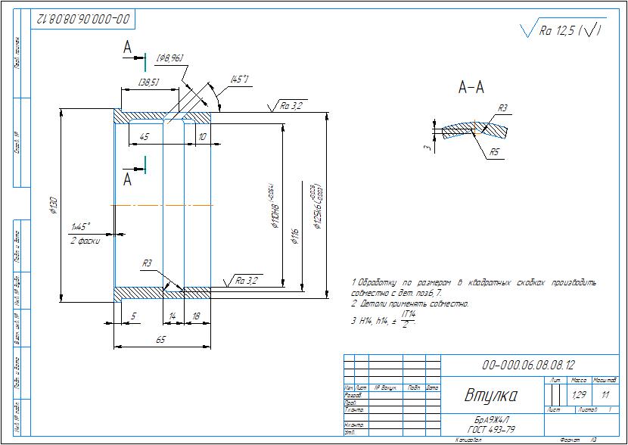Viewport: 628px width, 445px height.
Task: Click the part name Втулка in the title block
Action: pos(490,395)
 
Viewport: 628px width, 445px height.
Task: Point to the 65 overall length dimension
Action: pos(160,341)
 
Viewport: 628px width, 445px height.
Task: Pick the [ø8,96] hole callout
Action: pos(169,58)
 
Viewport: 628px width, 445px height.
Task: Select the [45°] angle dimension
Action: pos(241,79)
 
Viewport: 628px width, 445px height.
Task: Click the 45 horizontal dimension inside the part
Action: pos(145,136)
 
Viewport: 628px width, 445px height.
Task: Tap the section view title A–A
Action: pos(471,88)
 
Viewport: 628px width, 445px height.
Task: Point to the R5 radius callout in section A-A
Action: pos(493,152)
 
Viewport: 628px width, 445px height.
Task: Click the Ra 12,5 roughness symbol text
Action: pos(561,31)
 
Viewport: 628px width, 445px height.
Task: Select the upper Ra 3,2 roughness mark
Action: pos(291,106)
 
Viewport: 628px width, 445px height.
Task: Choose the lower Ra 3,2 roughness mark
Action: pos(247,280)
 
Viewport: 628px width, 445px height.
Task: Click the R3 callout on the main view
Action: pos(147,263)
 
